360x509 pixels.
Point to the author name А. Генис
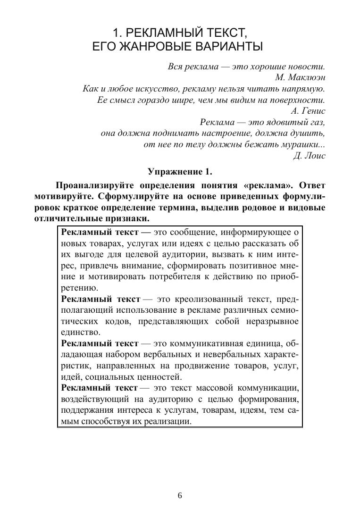(309, 111)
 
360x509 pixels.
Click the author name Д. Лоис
(309, 156)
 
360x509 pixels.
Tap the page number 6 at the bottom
(180, 495)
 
